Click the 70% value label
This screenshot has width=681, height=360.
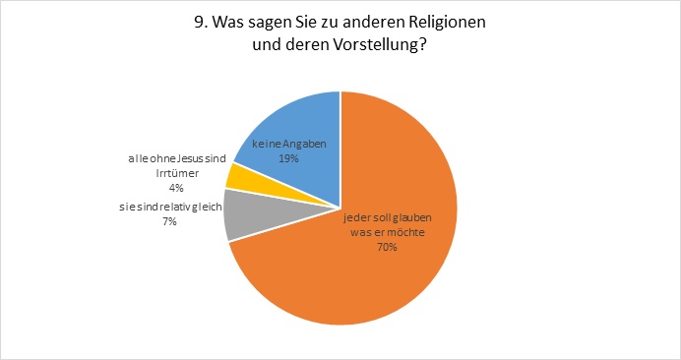pyautogui.click(x=388, y=247)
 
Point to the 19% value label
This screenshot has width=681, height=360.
pyautogui.click(x=288, y=158)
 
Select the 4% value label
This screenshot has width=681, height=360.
pyautogui.click(x=177, y=188)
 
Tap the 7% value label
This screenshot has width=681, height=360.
pyautogui.click(x=170, y=221)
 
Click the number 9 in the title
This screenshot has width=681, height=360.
pyautogui.click(x=200, y=23)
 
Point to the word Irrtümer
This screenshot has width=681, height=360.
pyautogui.click(x=177, y=173)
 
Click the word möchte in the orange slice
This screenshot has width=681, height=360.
pyautogui.click(x=408, y=232)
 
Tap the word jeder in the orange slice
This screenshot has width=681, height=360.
pyautogui.click(x=354, y=217)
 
